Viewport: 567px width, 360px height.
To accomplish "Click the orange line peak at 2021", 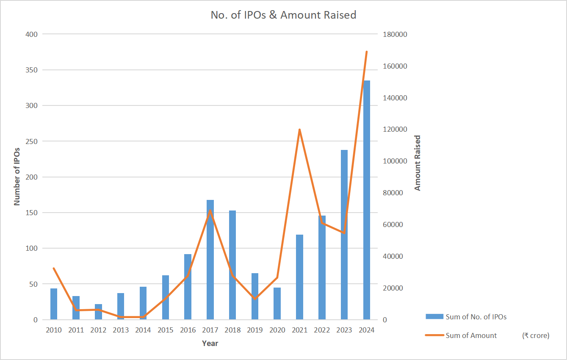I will tap(299, 130).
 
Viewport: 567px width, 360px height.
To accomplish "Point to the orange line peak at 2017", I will tap(210, 210).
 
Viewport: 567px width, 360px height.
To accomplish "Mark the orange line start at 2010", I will tap(54, 268).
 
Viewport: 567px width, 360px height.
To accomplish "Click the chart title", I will tap(283, 15).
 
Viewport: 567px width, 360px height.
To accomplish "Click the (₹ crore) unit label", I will tap(536, 335).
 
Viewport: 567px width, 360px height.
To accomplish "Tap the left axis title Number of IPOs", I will tap(17, 176).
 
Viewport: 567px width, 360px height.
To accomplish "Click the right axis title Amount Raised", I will tap(418, 163).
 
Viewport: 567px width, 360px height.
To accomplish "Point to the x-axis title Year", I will tap(210, 343).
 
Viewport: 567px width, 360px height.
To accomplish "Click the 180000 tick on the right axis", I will tap(395, 34).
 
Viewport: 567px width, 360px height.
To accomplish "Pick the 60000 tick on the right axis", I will tap(393, 224).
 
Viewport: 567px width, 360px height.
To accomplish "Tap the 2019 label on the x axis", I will tap(255, 330).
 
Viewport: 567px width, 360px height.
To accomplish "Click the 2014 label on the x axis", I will tap(143, 330).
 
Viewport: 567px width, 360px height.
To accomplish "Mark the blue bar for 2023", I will tap(344, 235).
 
